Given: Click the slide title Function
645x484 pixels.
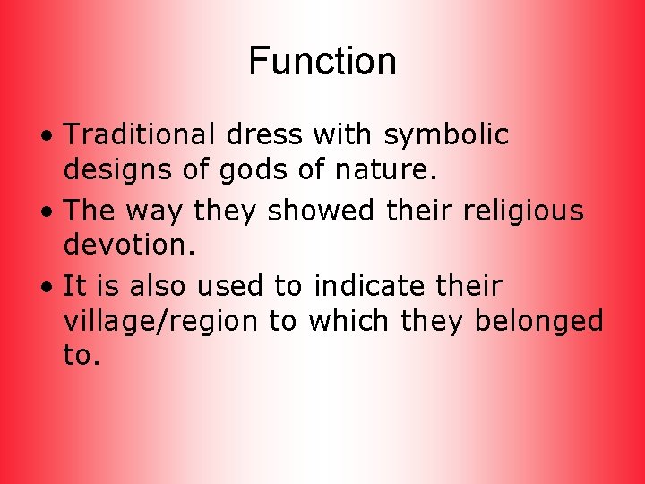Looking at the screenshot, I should click(322, 62).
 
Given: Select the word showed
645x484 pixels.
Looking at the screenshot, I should click(310, 212).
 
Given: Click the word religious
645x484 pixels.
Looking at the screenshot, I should click(515, 212).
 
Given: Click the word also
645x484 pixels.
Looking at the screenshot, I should click(160, 287).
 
